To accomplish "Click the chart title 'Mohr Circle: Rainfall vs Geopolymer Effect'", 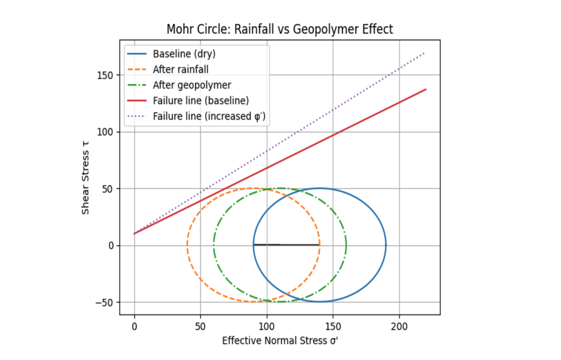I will coord(280,29).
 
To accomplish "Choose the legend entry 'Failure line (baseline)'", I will coord(201,101).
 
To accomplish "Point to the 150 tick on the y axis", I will coord(108,75).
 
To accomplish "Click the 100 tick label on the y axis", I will coord(108,132).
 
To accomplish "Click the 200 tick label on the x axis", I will coord(399,326).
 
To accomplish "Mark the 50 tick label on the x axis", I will coord(200,326).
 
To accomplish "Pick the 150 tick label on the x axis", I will coord(333,326).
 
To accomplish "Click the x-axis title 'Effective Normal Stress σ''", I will coord(280,341).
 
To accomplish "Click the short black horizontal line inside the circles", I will coord(286,245).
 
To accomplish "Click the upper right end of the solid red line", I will coord(426,90).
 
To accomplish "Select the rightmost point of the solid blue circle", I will coord(386,245).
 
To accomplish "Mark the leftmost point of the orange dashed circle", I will coord(187,245).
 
